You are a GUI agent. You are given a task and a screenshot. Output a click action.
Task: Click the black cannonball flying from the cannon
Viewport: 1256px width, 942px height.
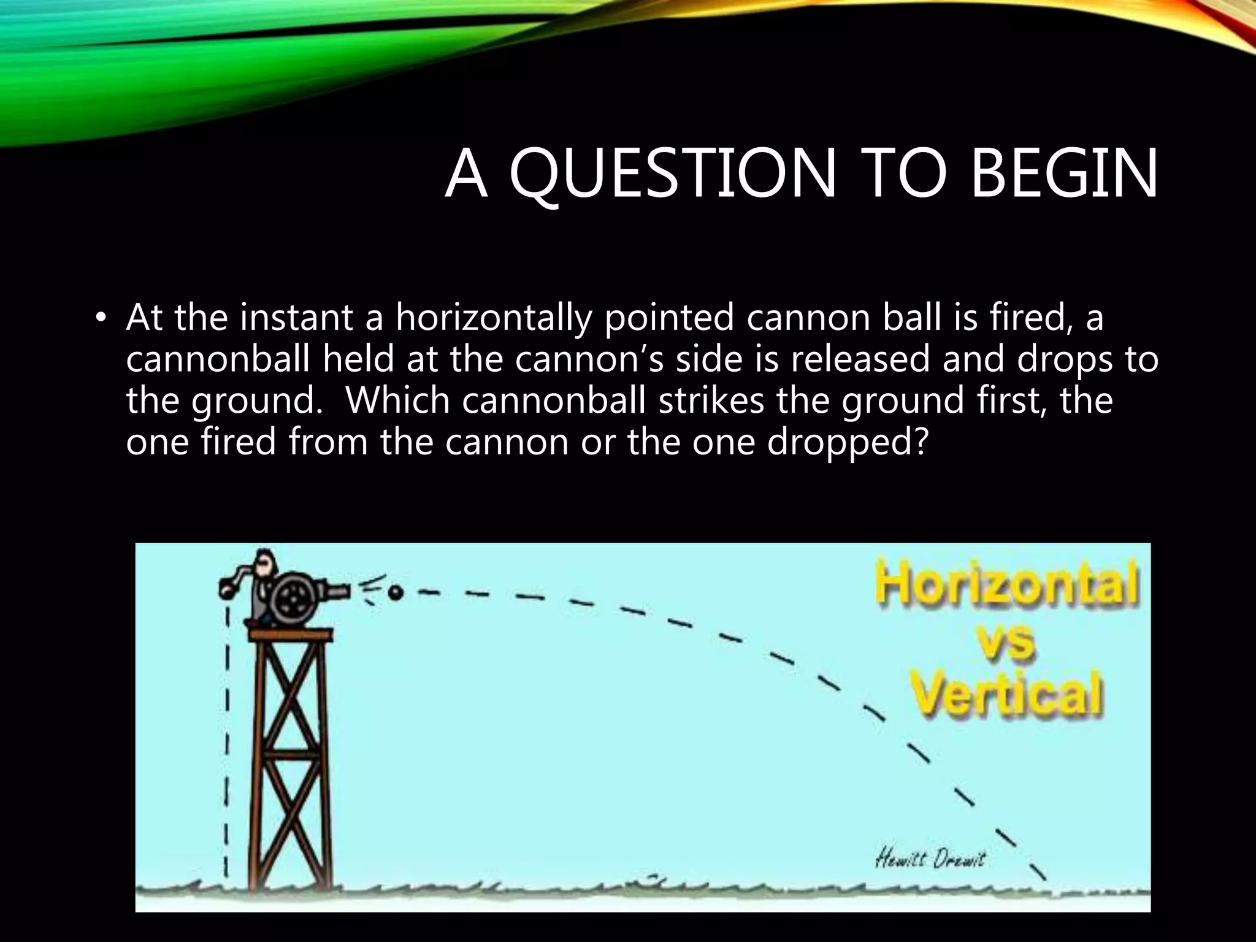click(x=396, y=592)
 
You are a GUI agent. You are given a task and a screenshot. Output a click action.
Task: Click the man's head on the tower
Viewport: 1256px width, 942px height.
click(x=265, y=559)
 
